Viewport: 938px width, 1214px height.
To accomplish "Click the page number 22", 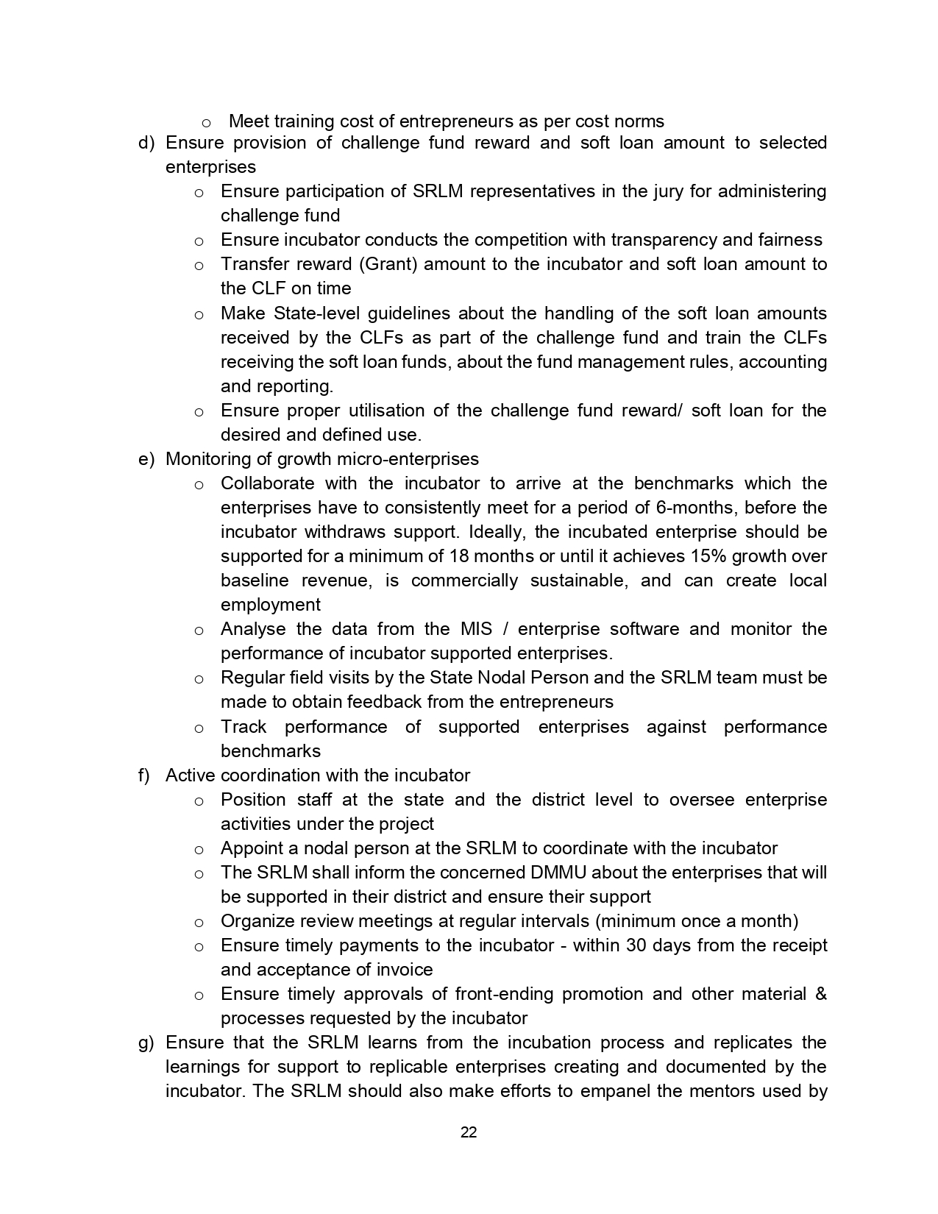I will (x=469, y=1132).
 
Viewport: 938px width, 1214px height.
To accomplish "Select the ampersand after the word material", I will (x=821, y=994).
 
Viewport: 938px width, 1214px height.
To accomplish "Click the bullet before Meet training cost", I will (x=207, y=122).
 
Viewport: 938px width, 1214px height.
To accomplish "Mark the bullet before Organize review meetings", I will (x=199, y=923).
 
